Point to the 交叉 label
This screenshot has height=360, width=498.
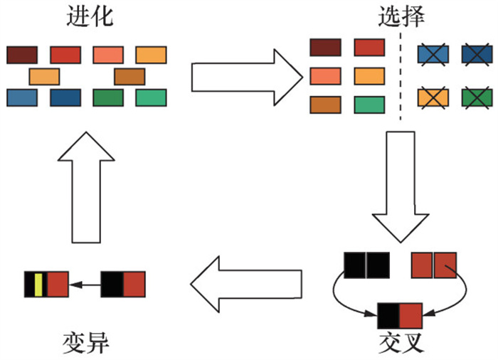click(402, 342)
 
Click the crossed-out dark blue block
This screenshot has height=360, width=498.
click(477, 54)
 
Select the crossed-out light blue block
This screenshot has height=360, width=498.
click(433, 54)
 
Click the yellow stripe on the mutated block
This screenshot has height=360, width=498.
click(38, 283)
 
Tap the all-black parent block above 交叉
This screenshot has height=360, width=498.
click(366, 264)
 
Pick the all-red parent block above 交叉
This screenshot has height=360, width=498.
click(433, 264)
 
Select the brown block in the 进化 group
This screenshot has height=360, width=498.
click(129, 76)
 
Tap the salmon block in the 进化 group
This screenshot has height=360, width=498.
click(108, 54)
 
